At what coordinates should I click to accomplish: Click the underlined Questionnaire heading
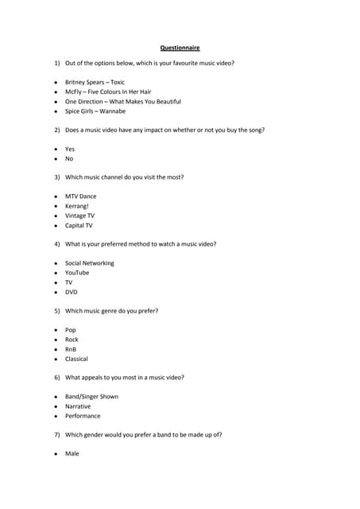[x=180, y=48]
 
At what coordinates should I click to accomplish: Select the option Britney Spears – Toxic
[x=95, y=82]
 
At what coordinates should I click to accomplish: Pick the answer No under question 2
[x=69, y=158]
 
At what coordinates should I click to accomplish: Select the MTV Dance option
[x=80, y=196]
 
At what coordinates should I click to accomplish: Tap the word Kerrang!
[x=77, y=205]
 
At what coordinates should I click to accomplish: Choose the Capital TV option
[x=79, y=225]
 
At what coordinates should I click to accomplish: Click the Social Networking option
[x=89, y=262]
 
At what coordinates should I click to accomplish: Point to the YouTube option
[x=77, y=273]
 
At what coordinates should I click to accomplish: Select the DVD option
[x=71, y=292]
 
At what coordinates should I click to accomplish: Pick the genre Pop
[x=71, y=330]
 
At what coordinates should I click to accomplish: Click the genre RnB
[x=71, y=349]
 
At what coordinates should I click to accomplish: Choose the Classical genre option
[x=76, y=359]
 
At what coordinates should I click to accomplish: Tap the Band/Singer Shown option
[x=91, y=397]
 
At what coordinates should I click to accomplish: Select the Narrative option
[x=78, y=406]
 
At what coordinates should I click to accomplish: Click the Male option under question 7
[x=72, y=454]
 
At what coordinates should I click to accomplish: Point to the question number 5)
[x=57, y=311]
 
